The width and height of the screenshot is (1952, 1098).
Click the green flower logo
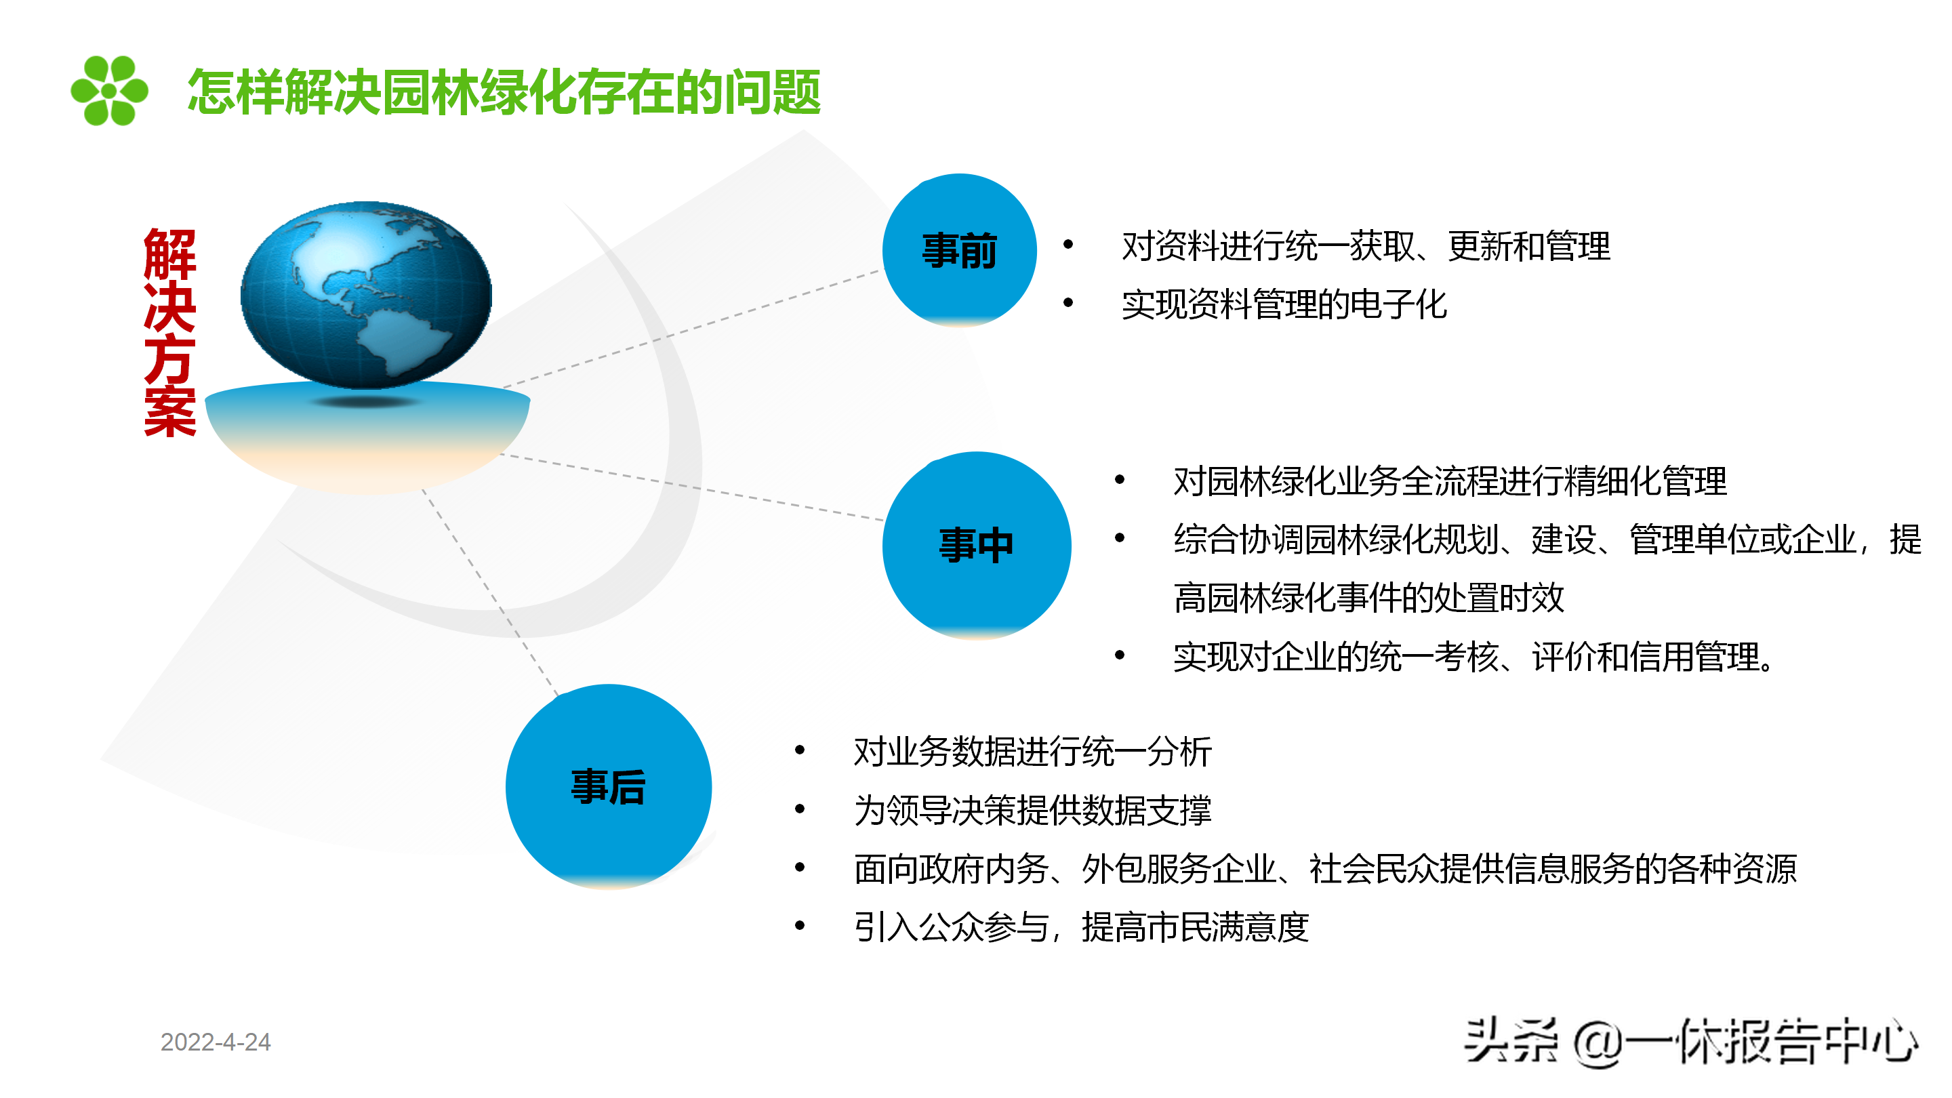(x=109, y=90)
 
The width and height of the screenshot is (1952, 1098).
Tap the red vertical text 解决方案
(x=169, y=332)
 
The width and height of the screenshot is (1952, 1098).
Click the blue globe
(x=366, y=295)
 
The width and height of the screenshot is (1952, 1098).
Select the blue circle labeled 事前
(x=959, y=250)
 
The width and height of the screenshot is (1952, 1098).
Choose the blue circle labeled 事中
(x=977, y=546)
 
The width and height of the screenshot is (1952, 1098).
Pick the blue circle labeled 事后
(x=609, y=786)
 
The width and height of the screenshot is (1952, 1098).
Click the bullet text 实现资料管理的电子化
(x=1284, y=304)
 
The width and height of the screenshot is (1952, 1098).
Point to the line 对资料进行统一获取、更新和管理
(x=1366, y=246)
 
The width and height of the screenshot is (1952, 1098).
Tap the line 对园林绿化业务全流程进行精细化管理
(x=1450, y=481)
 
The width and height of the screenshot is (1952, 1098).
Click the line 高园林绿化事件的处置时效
(x=1368, y=598)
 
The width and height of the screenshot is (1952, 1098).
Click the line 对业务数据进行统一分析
(x=1032, y=752)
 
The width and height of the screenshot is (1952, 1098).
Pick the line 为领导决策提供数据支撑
(x=1032, y=810)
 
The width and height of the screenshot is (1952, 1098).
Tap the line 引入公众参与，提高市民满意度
(x=1081, y=927)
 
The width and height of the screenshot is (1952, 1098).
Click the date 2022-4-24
(x=216, y=1042)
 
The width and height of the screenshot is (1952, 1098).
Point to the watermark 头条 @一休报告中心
(x=1690, y=1041)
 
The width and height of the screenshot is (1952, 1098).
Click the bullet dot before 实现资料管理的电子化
(x=1068, y=303)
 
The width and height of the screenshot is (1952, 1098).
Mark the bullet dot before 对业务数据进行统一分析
(x=800, y=750)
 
